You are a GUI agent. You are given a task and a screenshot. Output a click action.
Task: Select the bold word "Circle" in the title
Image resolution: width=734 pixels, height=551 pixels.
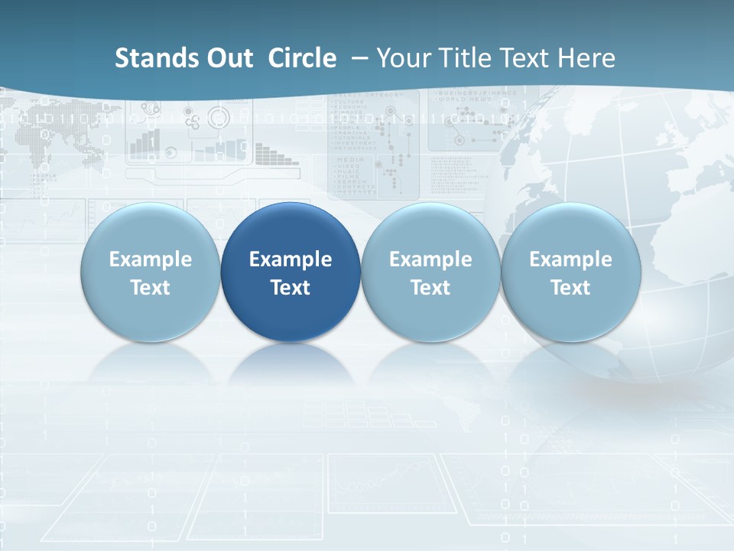[302, 58]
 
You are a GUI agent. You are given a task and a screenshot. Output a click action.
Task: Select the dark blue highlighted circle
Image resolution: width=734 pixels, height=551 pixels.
[291, 272]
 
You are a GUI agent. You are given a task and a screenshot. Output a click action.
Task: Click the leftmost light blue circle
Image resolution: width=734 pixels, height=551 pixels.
[151, 272]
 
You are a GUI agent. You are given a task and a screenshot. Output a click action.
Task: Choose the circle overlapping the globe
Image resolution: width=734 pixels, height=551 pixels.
[570, 272]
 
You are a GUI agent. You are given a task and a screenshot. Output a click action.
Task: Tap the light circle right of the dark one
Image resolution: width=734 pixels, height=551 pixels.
[430, 272]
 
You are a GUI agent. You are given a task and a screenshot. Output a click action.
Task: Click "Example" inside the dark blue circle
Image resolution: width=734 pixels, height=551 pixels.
[291, 259]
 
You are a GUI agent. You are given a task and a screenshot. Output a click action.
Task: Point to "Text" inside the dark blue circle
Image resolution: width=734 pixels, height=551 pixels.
[291, 288]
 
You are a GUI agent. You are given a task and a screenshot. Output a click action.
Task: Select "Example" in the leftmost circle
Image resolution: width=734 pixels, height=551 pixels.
[151, 259]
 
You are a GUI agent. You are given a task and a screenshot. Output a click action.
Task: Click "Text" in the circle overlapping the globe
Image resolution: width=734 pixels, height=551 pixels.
[570, 288]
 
